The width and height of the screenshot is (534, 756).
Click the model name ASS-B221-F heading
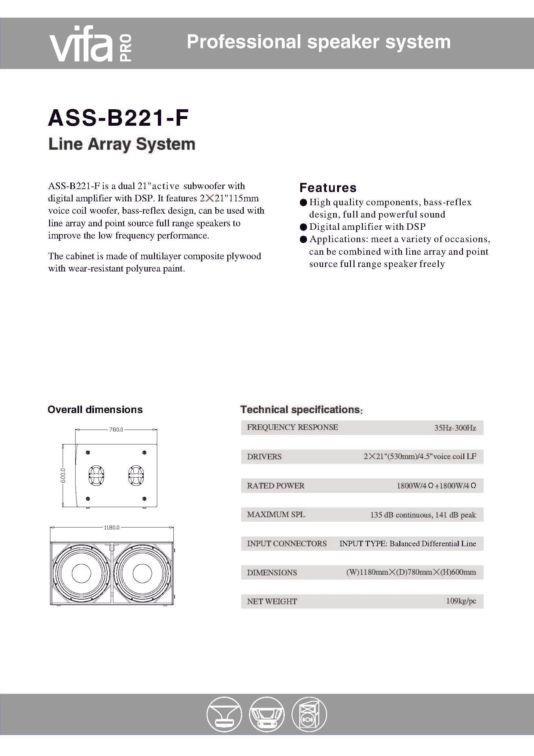[118, 118]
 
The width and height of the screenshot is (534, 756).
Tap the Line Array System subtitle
[122, 144]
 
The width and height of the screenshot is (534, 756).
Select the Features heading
[328, 188]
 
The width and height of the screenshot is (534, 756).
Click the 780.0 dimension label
[116, 429]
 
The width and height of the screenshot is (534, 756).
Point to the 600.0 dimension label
[63, 475]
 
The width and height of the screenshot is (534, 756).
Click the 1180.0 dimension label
[112, 527]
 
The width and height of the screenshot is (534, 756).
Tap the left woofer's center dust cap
[81, 573]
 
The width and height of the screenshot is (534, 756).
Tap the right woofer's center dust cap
[142, 573]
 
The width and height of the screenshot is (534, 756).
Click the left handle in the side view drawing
[96, 475]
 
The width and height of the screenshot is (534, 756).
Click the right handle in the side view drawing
[136, 475]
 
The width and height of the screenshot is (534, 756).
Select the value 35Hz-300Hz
[455, 428]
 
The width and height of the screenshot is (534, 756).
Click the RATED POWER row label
[275, 486]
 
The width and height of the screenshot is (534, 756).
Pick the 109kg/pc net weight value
[461, 601]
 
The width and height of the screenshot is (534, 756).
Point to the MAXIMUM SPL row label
[276, 515]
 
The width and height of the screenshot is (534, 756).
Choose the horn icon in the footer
[224, 715]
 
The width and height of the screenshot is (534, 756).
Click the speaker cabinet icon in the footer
[309, 715]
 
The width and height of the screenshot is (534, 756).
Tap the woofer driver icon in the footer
[266, 715]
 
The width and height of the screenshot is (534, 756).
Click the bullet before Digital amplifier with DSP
[303, 227]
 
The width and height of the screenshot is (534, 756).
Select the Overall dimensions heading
[95, 410]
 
